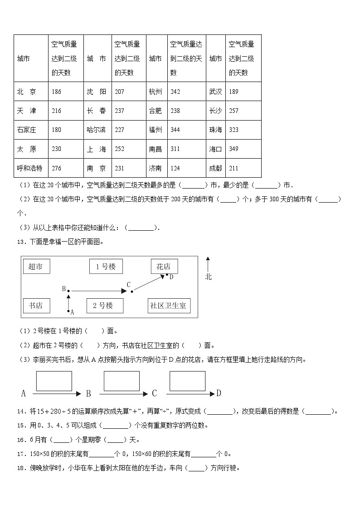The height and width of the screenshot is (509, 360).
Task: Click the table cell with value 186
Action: pyautogui.click(x=57, y=92)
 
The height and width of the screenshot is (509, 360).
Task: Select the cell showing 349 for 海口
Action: pyautogui.click(x=234, y=149)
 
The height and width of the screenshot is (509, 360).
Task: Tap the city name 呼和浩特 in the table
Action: pyautogui.click(x=29, y=168)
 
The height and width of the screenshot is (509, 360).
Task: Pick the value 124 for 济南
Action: pyautogui.click(x=175, y=168)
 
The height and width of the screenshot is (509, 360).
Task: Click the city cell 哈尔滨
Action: pyautogui.click(x=96, y=130)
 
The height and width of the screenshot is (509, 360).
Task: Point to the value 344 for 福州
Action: pyautogui.click(x=175, y=130)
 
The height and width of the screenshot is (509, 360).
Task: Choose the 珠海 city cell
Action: pyautogui.click(x=216, y=130)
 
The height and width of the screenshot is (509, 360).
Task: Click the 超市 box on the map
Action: pyautogui.click(x=36, y=267)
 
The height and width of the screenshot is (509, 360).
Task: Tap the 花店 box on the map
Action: pyautogui.click(x=164, y=267)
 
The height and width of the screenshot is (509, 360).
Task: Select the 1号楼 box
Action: pyautogui.click(x=106, y=267)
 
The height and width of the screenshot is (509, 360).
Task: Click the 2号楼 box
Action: pyautogui.click(x=106, y=305)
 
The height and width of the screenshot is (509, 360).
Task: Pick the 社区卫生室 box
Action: pyautogui.click(x=168, y=305)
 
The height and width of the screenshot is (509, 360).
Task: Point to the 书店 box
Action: pyautogui.click(x=36, y=305)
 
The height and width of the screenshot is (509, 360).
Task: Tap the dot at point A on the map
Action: pyautogui.click(x=68, y=311)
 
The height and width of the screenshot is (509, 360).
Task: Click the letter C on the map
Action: pyautogui.click(x=129, y=285)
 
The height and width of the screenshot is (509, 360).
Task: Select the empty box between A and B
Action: pyautogui.click(x=54, y=381)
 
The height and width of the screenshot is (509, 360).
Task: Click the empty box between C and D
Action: pyautogui.click(x=188, y=381)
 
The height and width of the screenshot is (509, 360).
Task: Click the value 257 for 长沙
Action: pyautogui.click(x=234, y=111)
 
